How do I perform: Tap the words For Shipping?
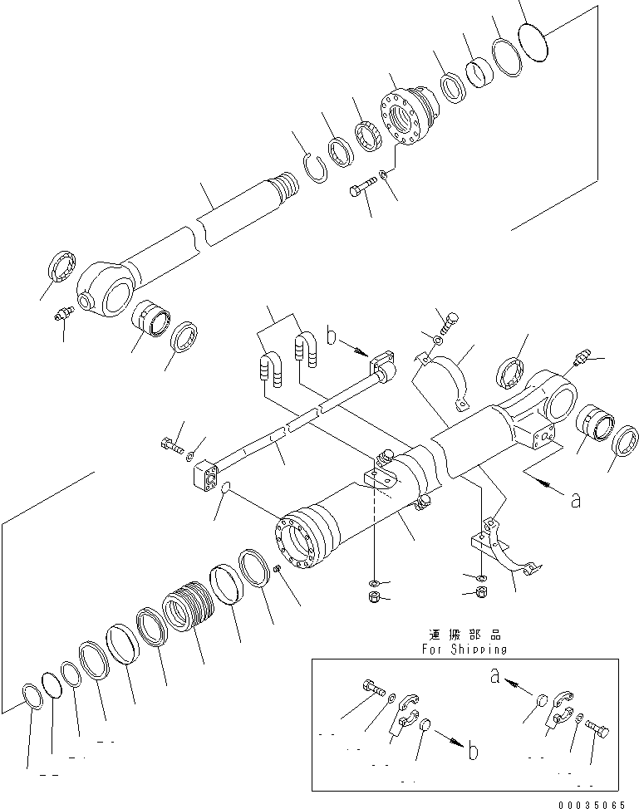point(464,649)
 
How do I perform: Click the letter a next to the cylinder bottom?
point(575,500)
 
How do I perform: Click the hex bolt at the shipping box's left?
point(373,688)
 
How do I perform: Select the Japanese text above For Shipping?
point(464,634)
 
